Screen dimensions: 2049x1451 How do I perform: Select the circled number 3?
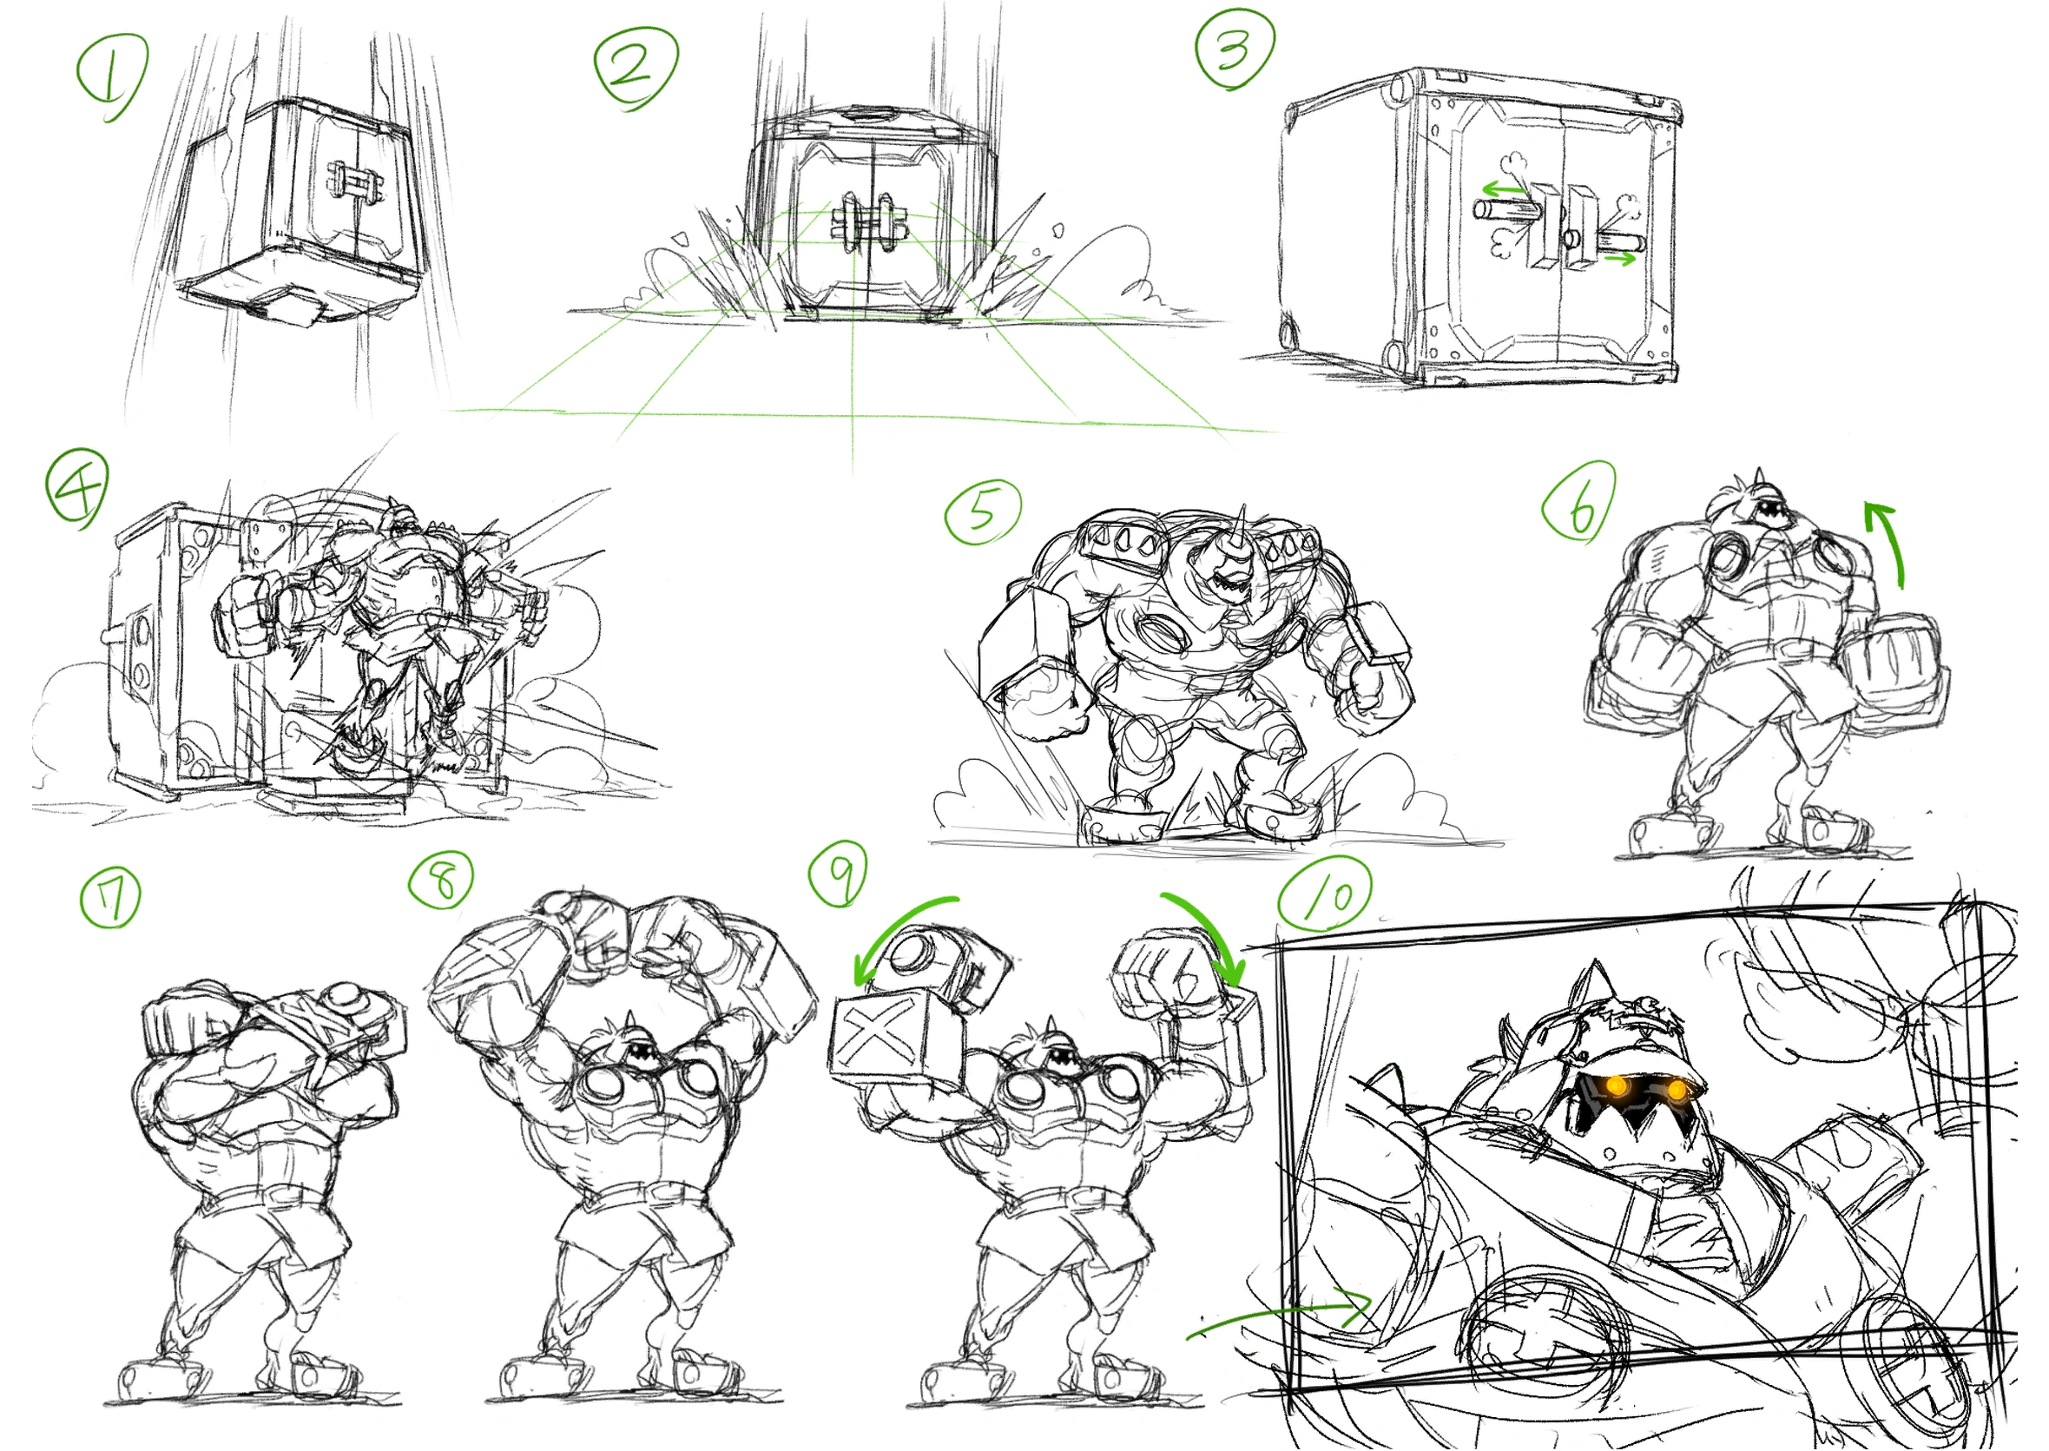click(1235, 49)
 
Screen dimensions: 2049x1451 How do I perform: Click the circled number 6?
click(1579, 502)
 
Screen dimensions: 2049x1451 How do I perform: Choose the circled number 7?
click(111, 899)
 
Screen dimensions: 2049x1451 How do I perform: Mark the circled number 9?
click(839, 873)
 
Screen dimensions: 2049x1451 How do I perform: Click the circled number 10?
click(1326, 894)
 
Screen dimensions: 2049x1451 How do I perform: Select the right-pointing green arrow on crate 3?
click(1619, 259)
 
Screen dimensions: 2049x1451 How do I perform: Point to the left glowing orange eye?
click(1616, 1085)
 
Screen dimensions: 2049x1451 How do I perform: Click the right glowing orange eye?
click(1677, 1090)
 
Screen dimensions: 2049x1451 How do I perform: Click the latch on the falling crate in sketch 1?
click(354, 186)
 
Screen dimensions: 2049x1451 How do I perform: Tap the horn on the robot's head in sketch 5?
click(1242, 529)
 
